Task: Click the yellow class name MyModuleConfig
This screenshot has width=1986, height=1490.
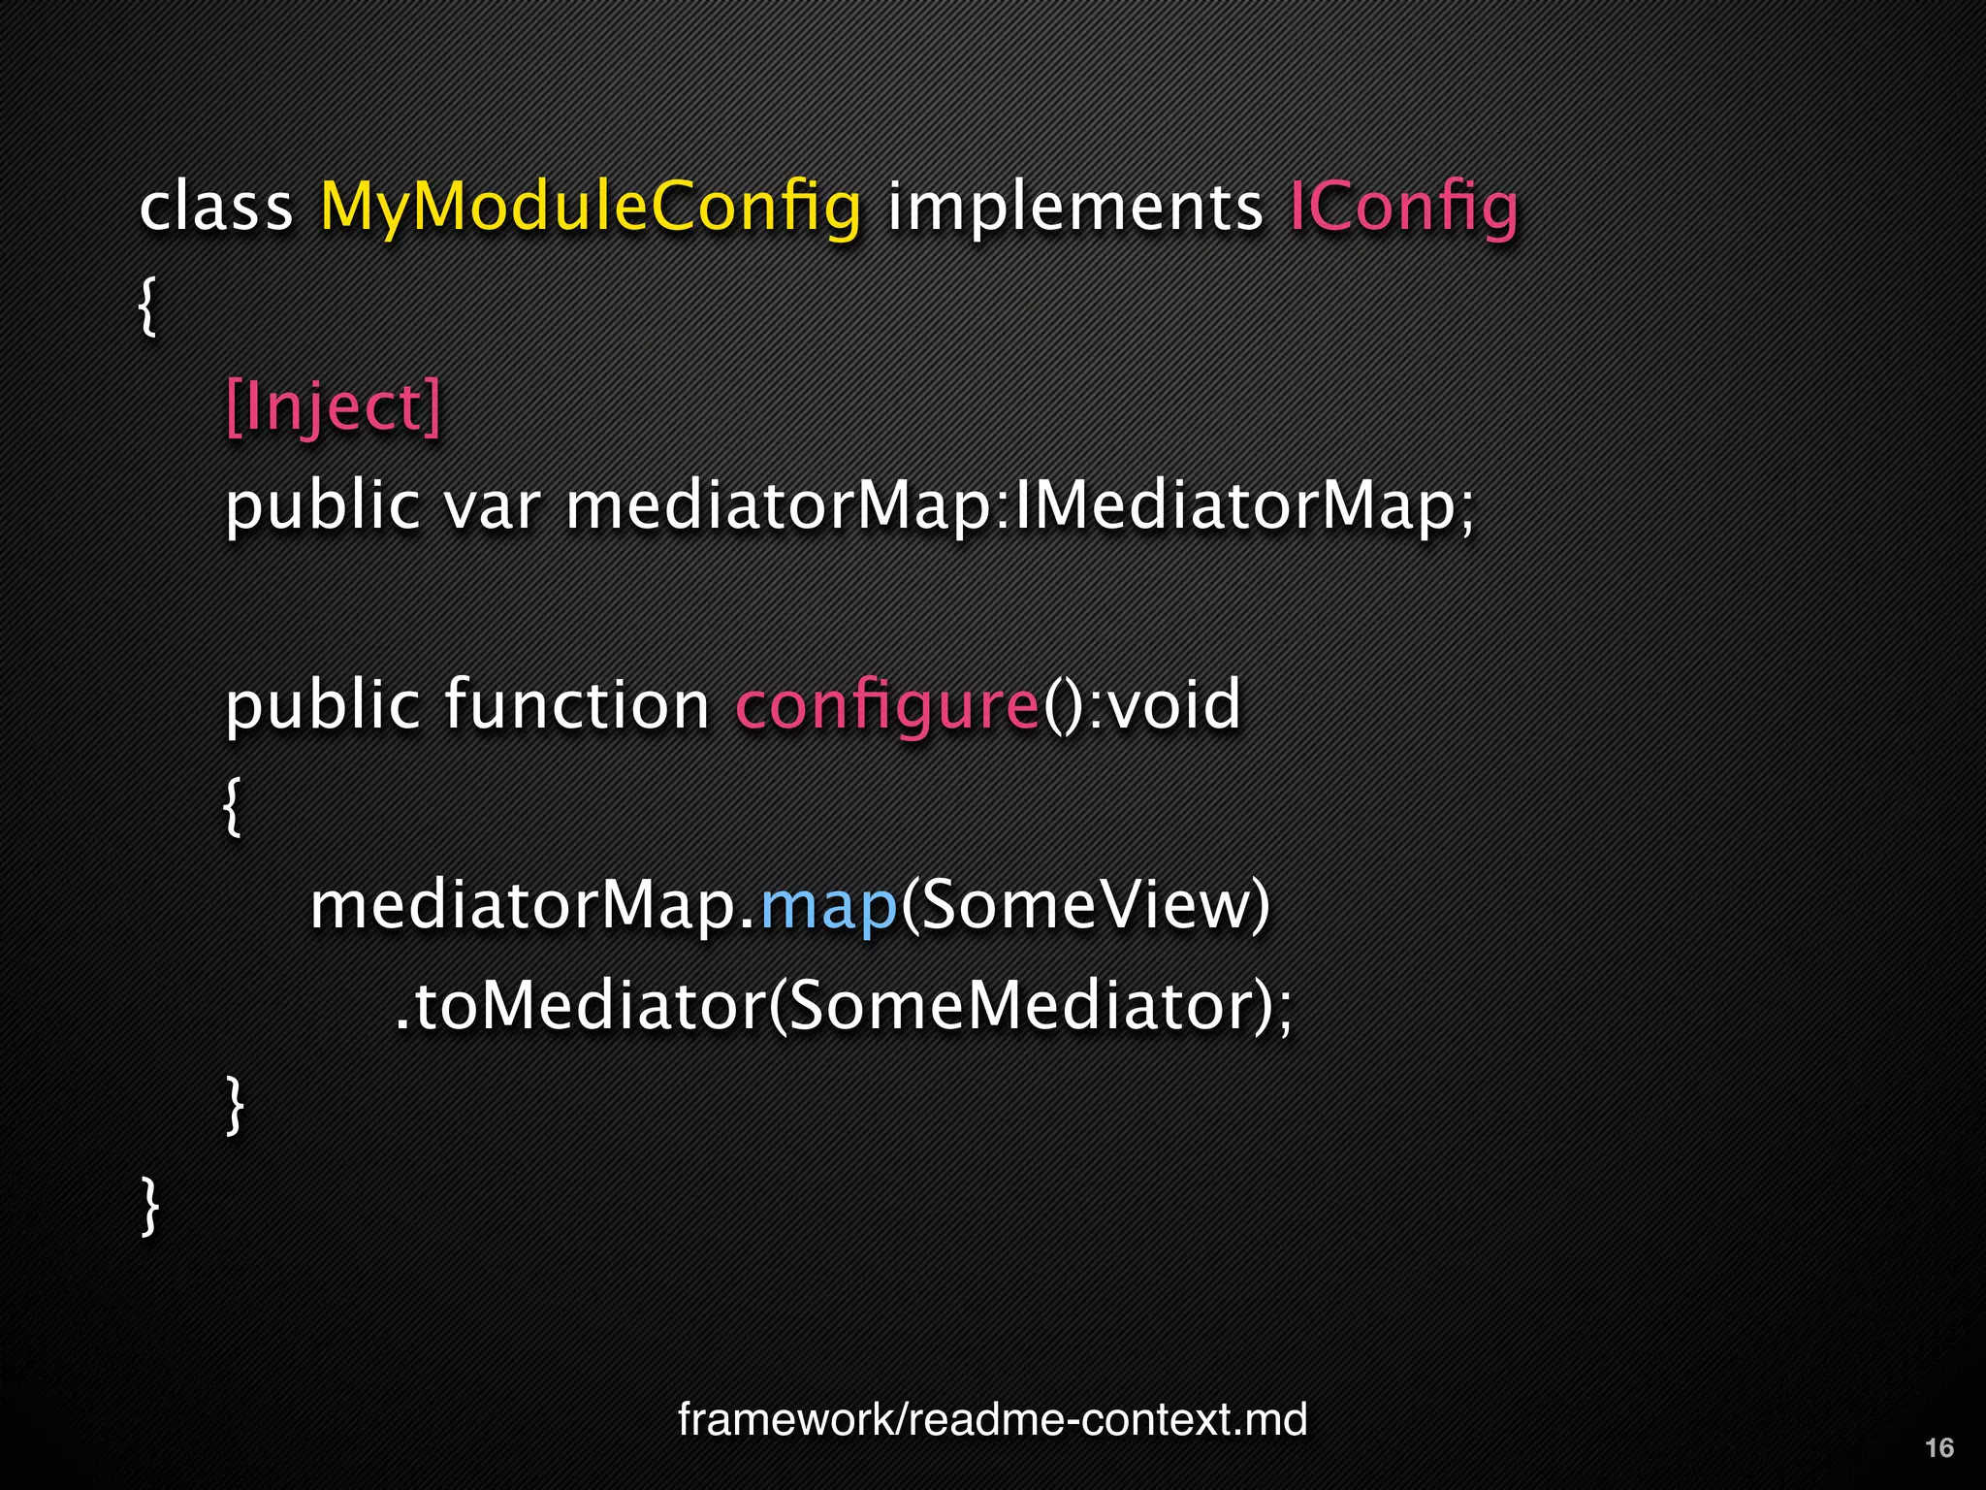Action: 590,208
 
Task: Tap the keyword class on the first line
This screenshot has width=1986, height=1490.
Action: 215,208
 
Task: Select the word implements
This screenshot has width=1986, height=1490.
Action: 1074,208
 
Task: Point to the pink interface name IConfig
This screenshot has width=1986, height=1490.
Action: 1402,208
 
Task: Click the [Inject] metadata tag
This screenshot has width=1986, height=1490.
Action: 333,406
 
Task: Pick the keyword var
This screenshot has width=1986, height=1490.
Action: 492,506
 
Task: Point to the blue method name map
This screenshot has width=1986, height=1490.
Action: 829,906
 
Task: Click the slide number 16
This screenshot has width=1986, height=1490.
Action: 1938,1448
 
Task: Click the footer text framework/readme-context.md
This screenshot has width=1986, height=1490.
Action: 992,1420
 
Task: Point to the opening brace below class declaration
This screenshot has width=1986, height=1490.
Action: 147,307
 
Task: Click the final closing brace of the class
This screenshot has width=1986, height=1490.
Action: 150,1205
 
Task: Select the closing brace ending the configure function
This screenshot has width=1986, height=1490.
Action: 234,1105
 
